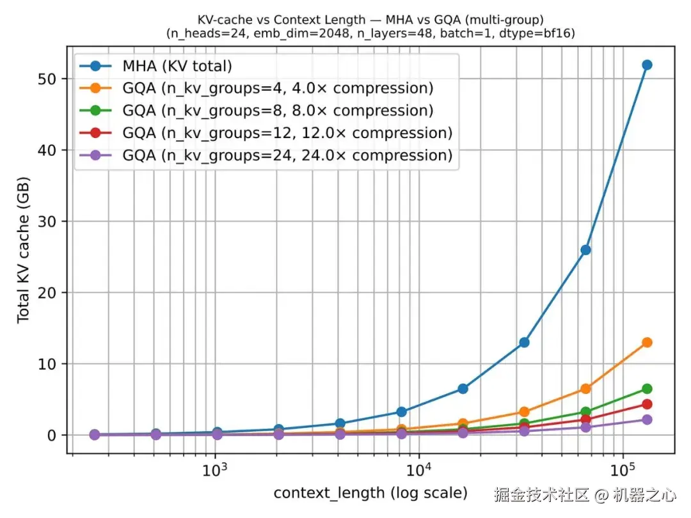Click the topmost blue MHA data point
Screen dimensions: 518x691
(x=647, y=65)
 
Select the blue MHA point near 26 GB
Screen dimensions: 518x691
(x=585, y=250)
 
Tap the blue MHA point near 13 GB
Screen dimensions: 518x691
(x=524, y=342)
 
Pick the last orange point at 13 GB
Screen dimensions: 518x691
(x=647, y=342)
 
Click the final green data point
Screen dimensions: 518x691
(x=647, y=389)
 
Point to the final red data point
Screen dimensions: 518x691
(x=647, y=404)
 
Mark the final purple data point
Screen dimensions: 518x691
(x=647, y=420)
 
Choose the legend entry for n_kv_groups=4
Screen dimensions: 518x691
(x=278, y=88)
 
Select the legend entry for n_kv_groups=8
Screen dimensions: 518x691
(x=278, y=111)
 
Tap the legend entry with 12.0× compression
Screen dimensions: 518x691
(x=287, y=133)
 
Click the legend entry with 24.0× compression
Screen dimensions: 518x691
(x=287, y=155)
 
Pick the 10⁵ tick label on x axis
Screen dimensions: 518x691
(x=622, y=472)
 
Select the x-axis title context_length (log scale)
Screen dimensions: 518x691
(x=370, y=494)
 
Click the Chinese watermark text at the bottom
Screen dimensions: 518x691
(x=584, y=495)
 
